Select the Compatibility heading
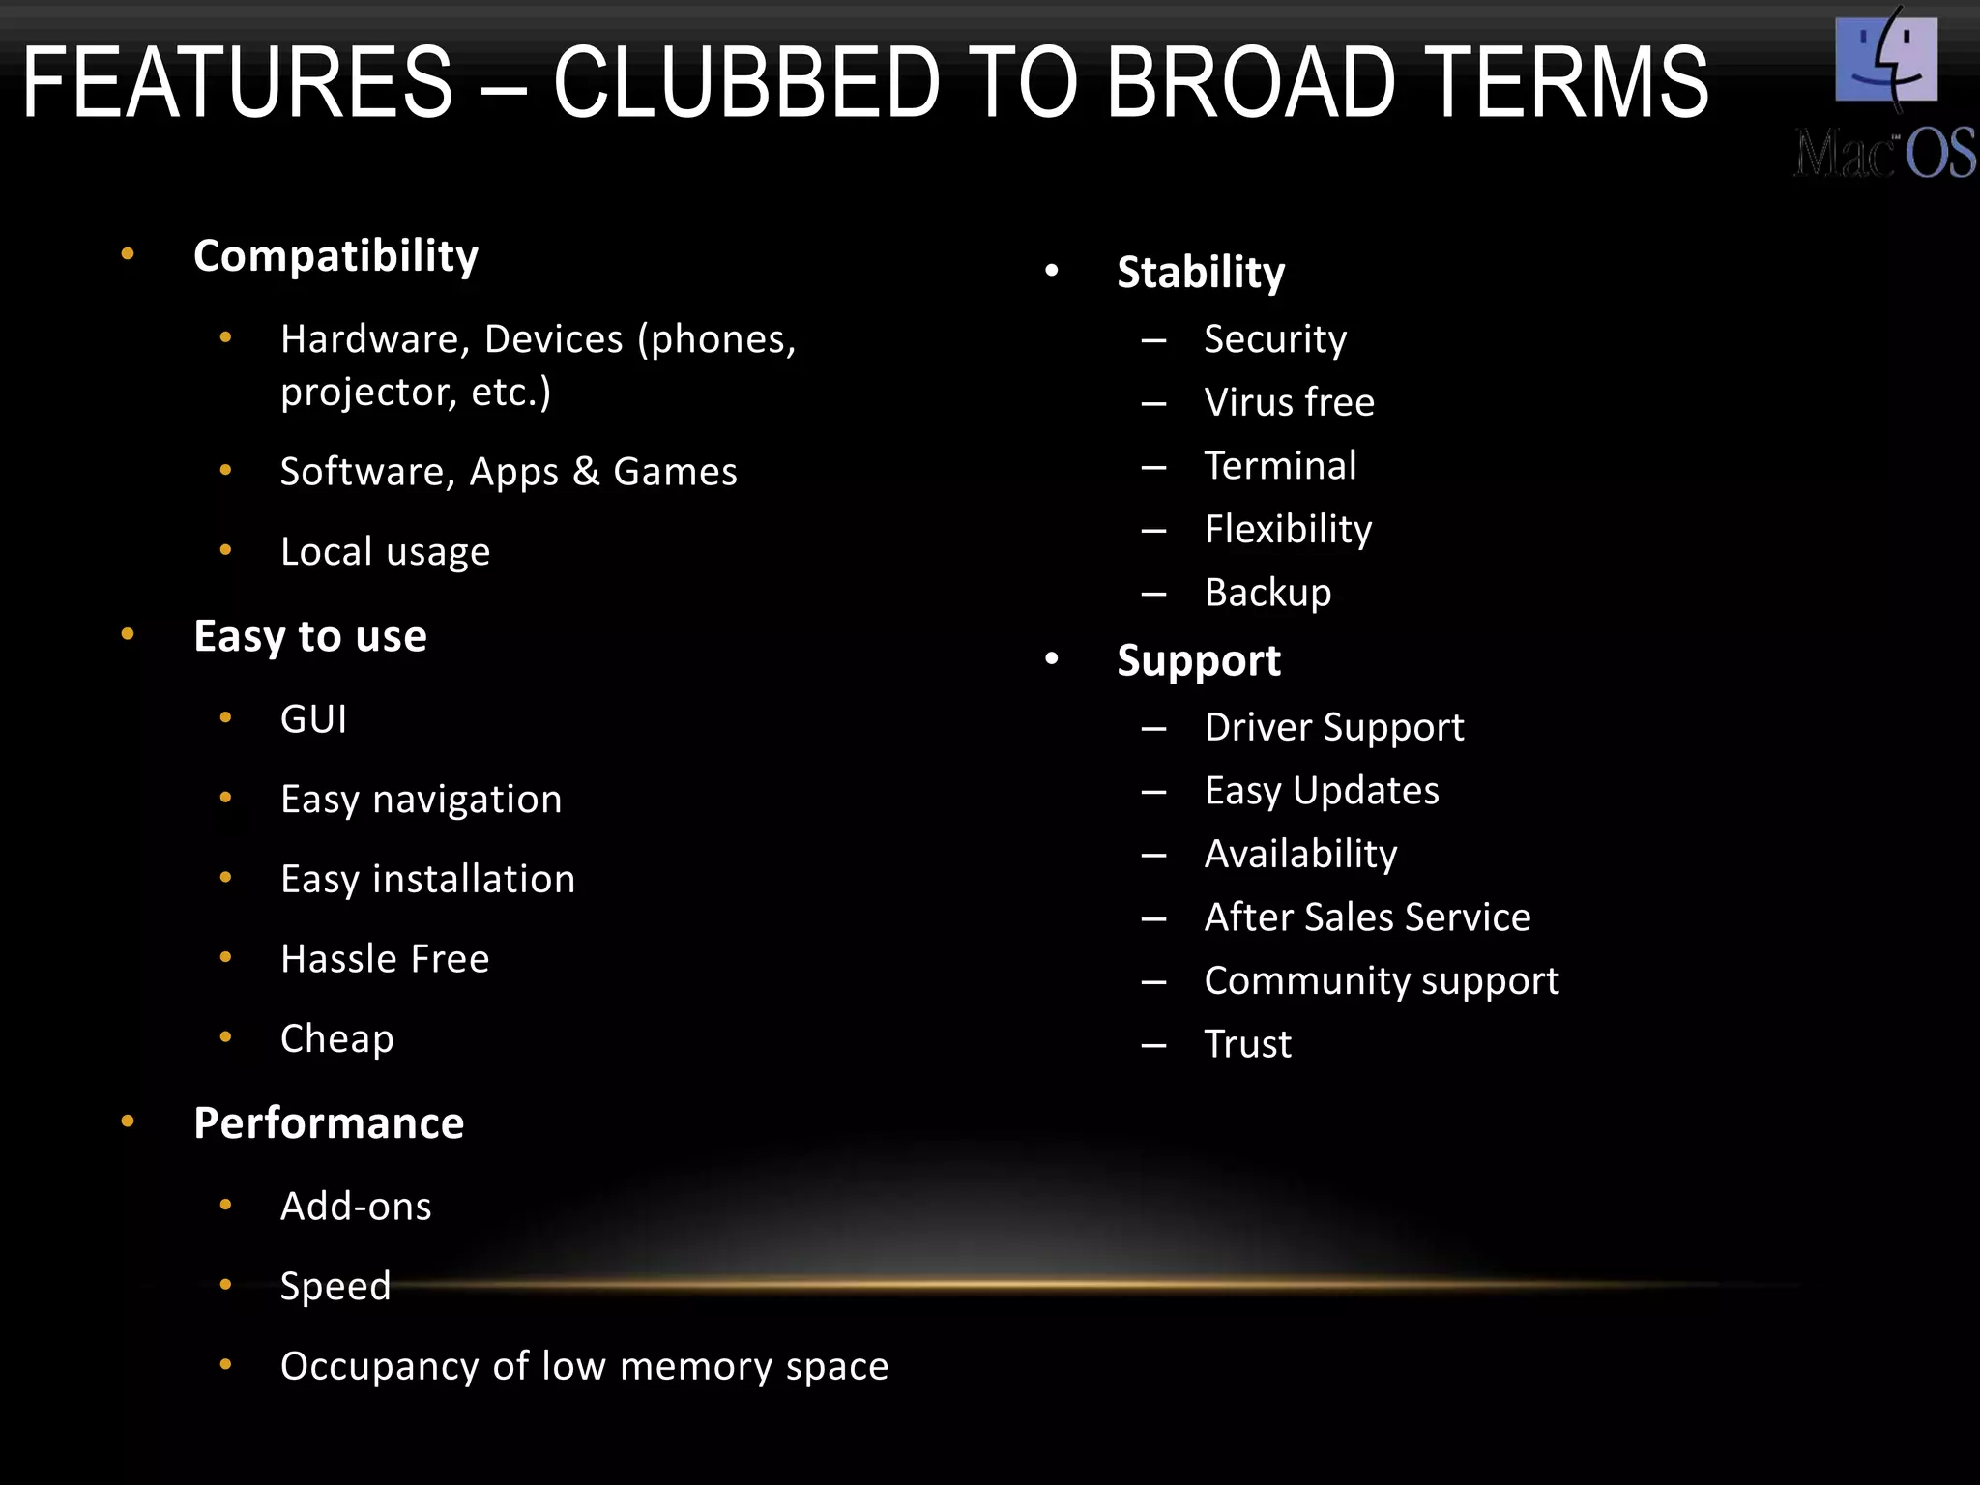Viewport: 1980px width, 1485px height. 335,256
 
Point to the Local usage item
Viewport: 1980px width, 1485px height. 385,552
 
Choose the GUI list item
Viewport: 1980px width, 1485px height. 313,719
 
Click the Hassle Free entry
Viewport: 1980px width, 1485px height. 385,959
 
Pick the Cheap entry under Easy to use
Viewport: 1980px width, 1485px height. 336,1039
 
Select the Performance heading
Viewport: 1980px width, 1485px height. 329,1123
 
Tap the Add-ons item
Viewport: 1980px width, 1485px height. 356,1207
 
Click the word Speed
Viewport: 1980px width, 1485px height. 335,1287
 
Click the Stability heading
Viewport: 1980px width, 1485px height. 1201,273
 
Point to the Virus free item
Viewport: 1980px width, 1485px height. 1289,402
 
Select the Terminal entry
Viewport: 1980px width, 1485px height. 1280,466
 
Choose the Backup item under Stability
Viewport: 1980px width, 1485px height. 1267,593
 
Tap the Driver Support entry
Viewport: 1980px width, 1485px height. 1333,728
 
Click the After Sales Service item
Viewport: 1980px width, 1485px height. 1367,917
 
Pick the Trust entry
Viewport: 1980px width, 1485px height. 1247,1044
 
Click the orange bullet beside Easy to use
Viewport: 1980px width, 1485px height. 128,634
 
